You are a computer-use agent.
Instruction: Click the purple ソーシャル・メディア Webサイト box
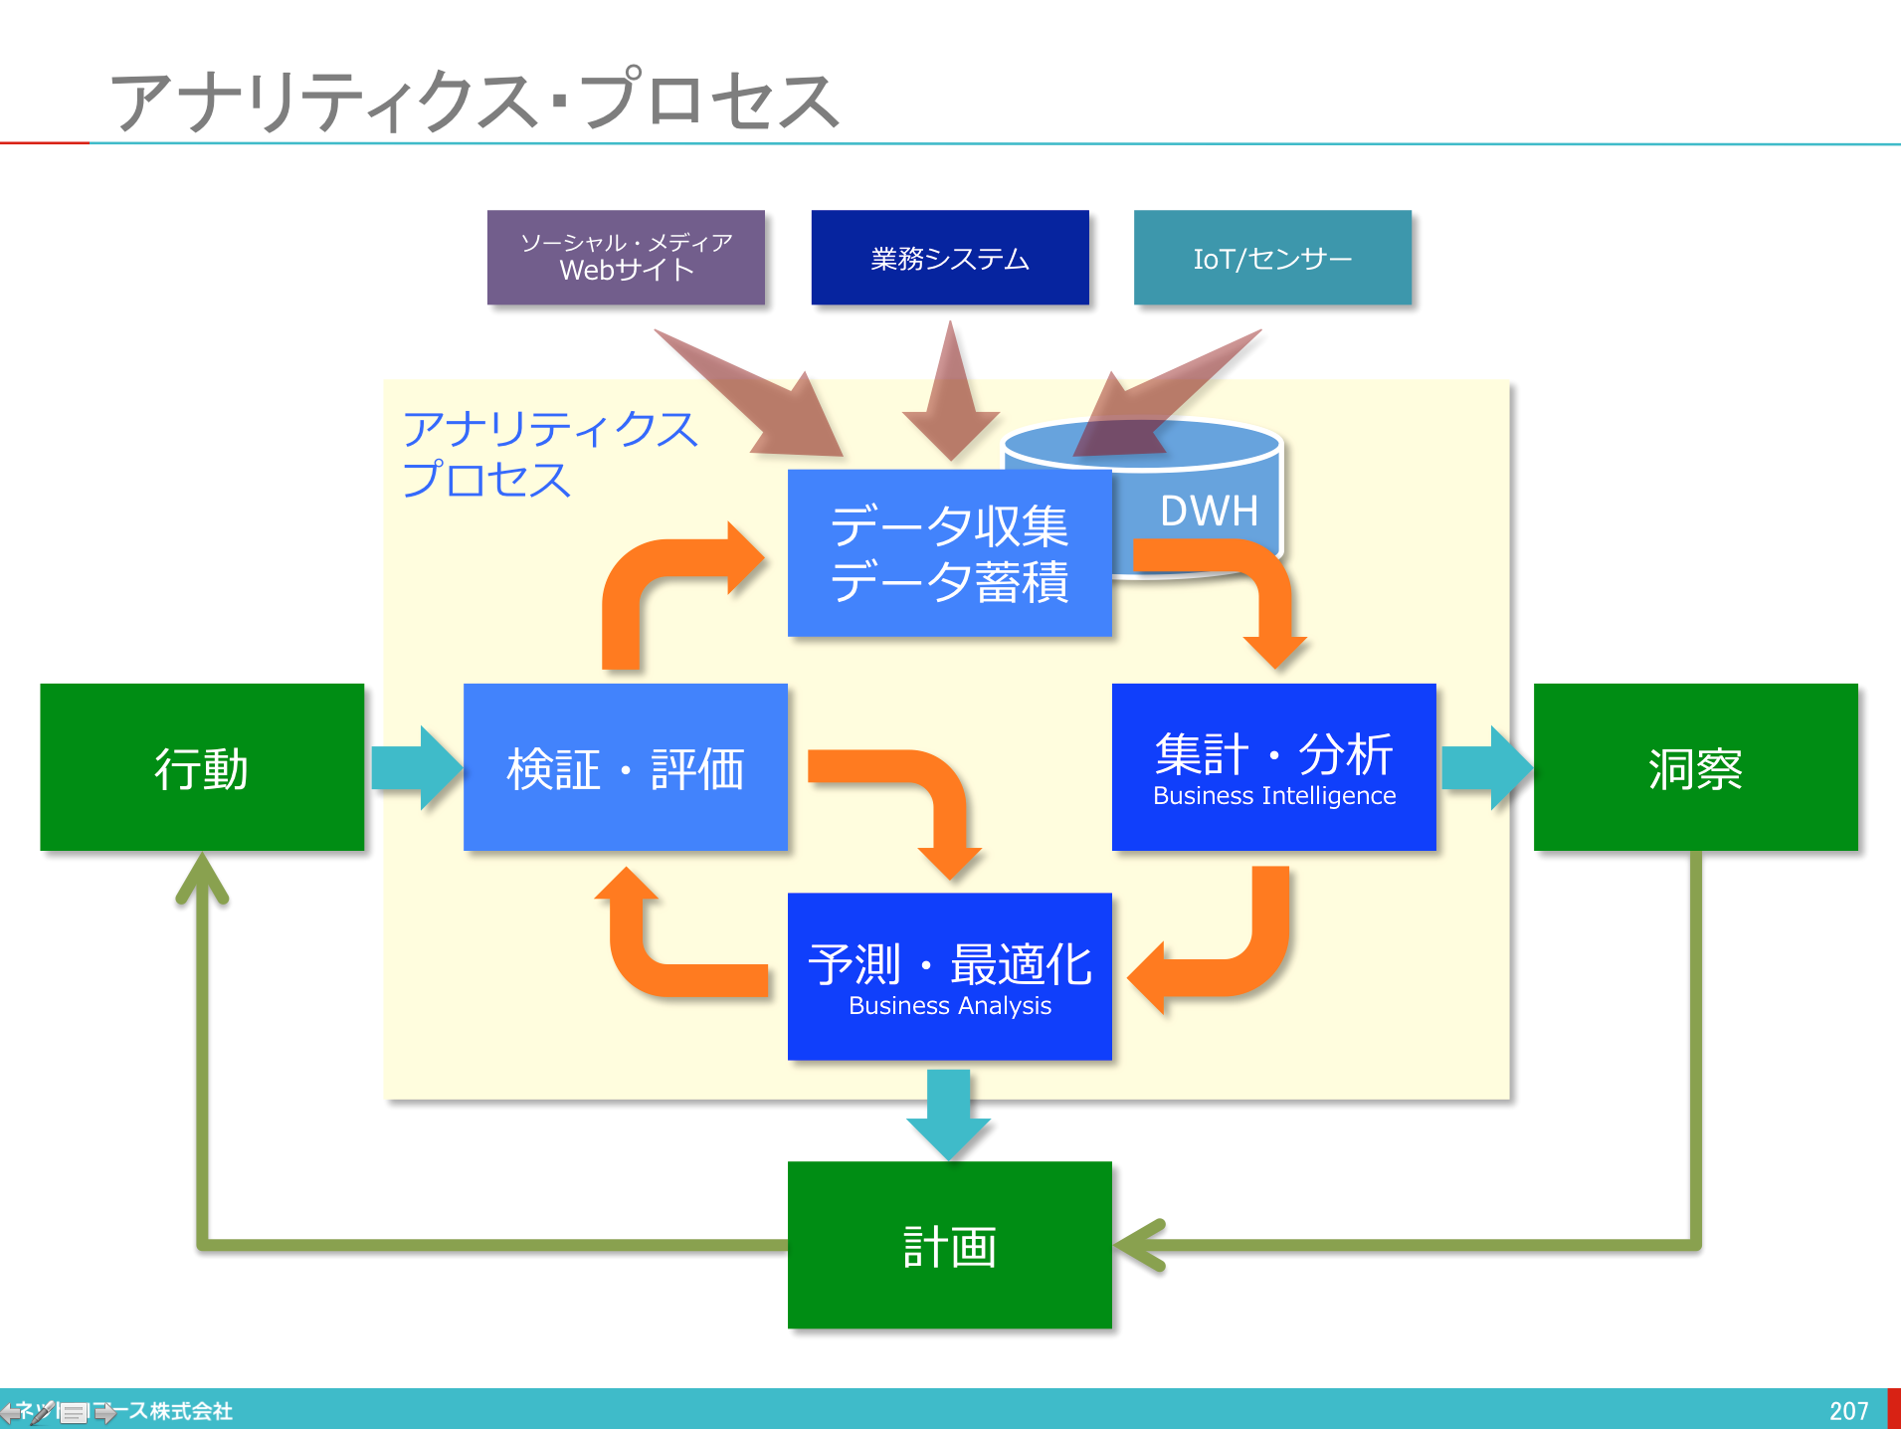tap(626, 257)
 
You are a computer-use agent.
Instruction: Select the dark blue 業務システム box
tap(950, 257)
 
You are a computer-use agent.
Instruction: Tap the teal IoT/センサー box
tap(1272, 257)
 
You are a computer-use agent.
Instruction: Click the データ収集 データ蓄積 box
tap(949, 553)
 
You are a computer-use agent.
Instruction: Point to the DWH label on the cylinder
tap(1209, 510)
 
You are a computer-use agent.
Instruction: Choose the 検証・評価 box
tap(625, 767)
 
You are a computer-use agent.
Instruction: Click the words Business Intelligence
tap(1274, 796)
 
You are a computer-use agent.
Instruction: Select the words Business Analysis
tap(950, 1006)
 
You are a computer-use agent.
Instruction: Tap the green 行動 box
tap(202, 767)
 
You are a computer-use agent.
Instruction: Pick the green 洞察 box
tap(1695, 767)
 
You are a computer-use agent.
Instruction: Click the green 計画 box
tap(949, 1245)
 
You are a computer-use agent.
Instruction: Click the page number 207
tap(1848, 1411)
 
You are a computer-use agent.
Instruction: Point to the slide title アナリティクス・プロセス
tap(475, 101)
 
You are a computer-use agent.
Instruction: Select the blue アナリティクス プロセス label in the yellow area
tap(549, 454)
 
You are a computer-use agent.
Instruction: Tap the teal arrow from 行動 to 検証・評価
tap(416, 767)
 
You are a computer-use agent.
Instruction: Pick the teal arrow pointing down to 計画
tap(949, 1113)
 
